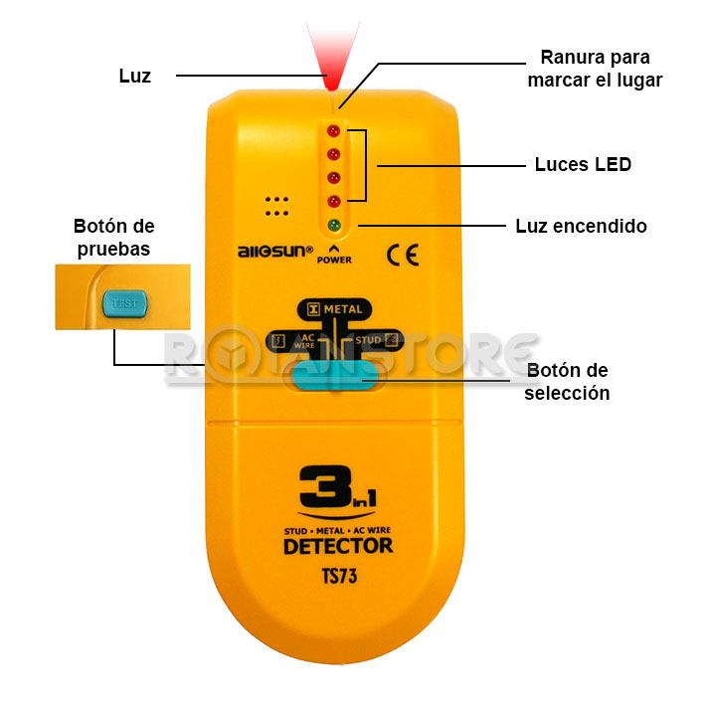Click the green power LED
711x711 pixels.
(x=334, y=225)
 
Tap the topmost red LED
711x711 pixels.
(x=334, y=130)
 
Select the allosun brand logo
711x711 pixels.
(x=274, y=251)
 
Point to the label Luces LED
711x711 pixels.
(x=582, y=164)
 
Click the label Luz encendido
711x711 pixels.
(x=581, y=226)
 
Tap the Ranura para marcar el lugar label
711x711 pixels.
(x=595, y=68)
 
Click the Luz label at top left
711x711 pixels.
(x=134, y=76)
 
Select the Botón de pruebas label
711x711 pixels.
(x=113, y=238)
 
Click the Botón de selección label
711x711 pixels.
(x=567, y=382)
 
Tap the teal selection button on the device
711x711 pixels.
(x=334, y=376)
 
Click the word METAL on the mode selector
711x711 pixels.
(x=342, y=309)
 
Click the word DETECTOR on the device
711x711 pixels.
(x=337, y=546)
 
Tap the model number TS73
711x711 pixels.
(x=338, y=574)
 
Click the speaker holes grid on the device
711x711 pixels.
(x=276, y=205)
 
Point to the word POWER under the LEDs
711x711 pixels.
(x=334, y=260)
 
